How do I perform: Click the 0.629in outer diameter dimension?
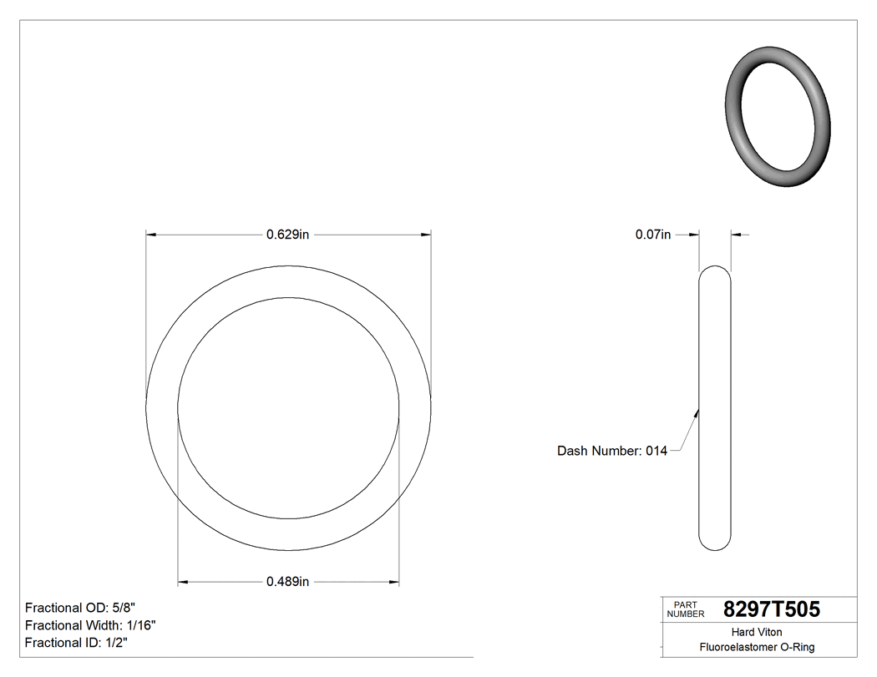pyautogui.click(x=288, y=235)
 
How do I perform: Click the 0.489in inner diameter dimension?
pyautogui.click(x=288, y=582)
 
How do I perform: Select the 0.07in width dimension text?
pyautogui.click(x=653, y=235)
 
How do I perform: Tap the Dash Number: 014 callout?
pyautogui.click(x=612, y=451)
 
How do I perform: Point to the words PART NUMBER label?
pyautogui.click(x=685, y=609)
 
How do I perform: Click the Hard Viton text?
pyautogui.click(x=757, y=632)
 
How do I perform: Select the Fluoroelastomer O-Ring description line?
pyautogui.click(x=757, y=647)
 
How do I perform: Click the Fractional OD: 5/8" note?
pyautogui.click(x=86, y=608)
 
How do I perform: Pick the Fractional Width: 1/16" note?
pyautogui.click(x=90, y=625)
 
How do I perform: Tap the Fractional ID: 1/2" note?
pyautogui.click(x=77, y=643)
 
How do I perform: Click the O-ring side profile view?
pyautogui.click(x=714, y=409)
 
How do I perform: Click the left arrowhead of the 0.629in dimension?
pyautogui.click(x=151, y=235)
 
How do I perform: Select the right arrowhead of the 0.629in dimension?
pyautogui.click(x=426, y=235)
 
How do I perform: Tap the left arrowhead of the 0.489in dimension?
pyautogui.click(x=183, y=582)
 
